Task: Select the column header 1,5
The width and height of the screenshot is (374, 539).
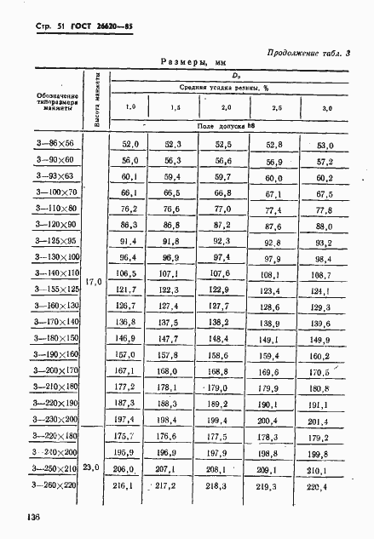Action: point(174,108)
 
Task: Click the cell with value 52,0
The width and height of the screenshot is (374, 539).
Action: point(130,145)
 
